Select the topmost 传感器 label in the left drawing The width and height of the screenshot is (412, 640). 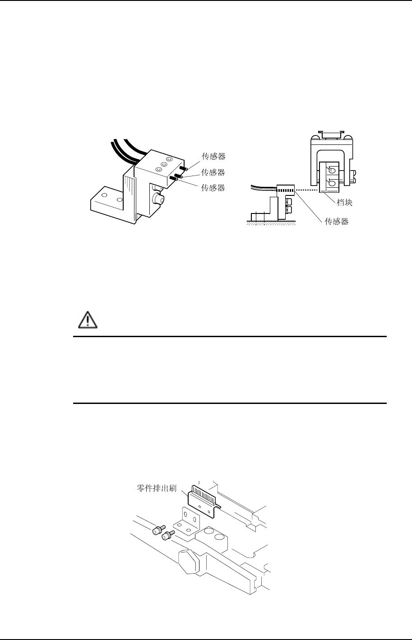pos(213,157)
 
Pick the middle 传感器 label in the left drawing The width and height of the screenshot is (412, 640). pos(213,172)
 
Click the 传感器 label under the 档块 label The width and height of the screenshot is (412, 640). pos(337,222)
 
